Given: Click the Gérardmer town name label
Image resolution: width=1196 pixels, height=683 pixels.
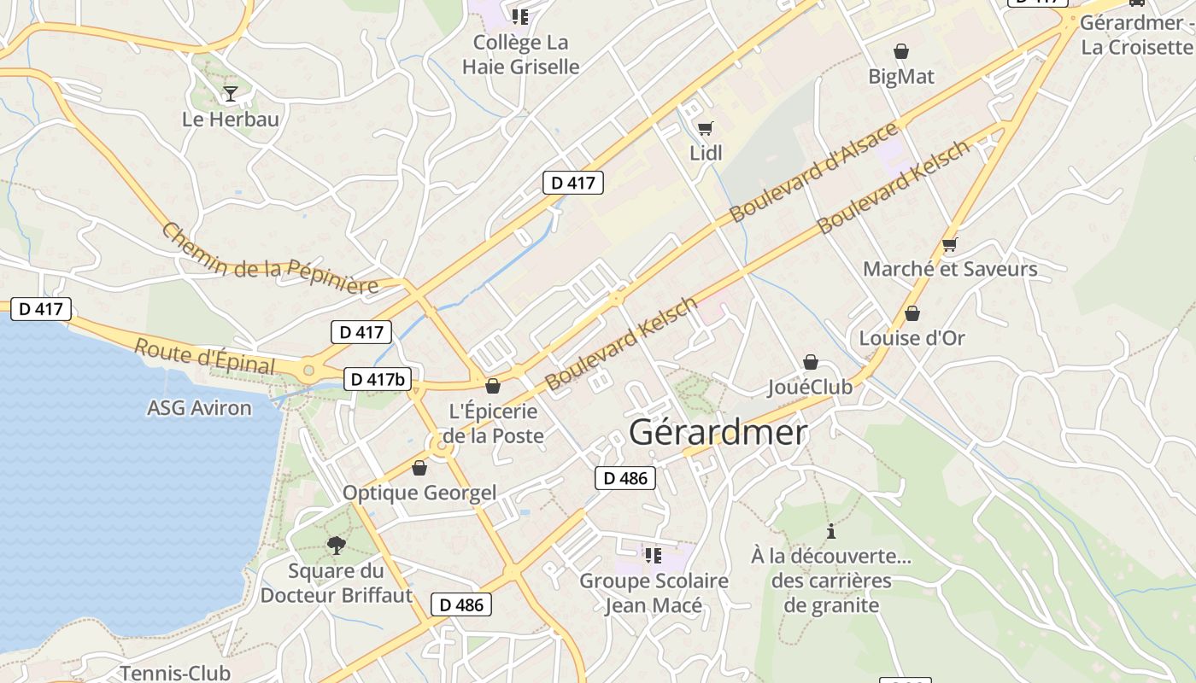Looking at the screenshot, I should pos(718,433).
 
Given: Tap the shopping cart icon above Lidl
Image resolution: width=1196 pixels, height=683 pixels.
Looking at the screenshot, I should pos(705,129).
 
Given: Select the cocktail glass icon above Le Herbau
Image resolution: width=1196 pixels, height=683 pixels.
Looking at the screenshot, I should pos(230,93).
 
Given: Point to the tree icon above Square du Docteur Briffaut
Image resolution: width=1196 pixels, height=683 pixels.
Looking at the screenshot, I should pos(337,545).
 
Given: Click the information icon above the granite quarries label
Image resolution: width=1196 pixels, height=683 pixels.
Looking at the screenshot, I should pos(831,531).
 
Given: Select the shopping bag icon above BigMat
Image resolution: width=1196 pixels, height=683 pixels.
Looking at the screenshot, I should pos(900,52).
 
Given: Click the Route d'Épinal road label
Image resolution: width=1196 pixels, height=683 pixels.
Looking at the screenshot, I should pos(205,357).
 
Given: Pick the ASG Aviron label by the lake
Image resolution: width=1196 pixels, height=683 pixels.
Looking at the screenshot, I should pos(199,408).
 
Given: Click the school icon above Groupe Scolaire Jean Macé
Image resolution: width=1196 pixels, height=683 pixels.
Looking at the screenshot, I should pos(654,556).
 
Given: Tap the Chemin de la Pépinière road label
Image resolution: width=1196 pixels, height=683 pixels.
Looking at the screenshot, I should pos(269,259).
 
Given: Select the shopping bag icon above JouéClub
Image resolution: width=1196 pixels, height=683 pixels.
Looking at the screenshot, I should pos(810,363).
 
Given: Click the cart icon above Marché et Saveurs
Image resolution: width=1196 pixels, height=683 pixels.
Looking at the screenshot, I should pos(949,245).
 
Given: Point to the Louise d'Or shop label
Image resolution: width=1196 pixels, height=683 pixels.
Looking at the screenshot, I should pos(912,338).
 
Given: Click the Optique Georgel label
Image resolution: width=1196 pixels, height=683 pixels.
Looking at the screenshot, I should pos(419,493).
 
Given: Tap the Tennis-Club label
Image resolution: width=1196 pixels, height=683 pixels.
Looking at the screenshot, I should pos(174,673).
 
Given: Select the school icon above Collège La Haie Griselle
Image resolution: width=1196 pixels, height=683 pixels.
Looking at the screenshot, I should pos(520,17).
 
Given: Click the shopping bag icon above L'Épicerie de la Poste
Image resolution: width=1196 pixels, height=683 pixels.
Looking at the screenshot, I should pos(493,386).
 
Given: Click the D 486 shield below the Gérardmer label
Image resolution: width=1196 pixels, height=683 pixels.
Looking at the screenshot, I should pos(625,478).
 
